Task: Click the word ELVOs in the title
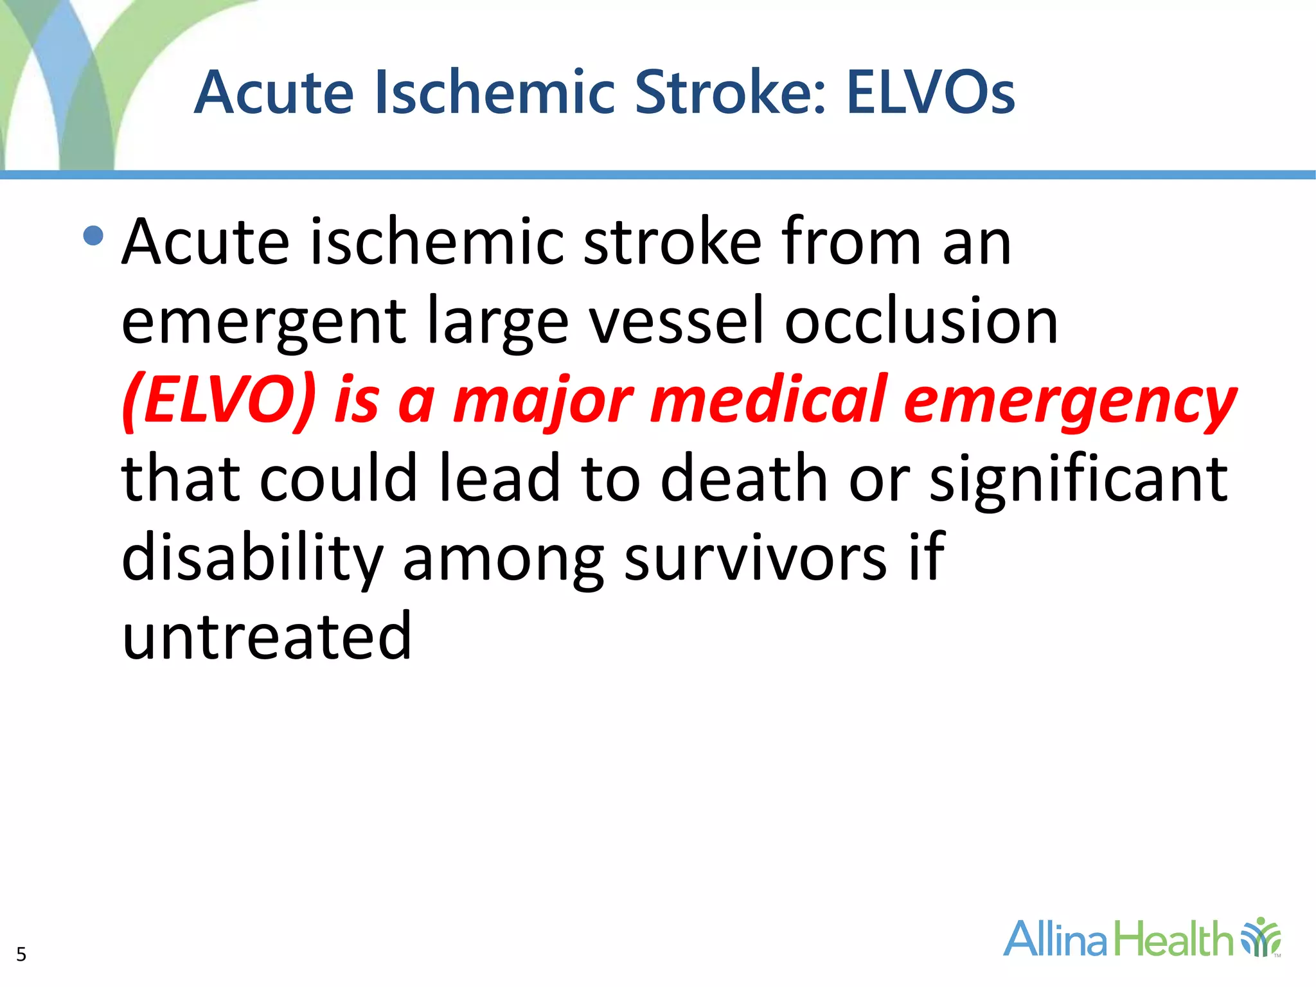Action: pos(930,93)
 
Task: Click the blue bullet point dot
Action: pos(93,236)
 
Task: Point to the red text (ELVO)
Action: pos(219,400)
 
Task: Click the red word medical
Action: pos(768,400)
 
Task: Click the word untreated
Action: pos(267,636)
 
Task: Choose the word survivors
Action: pos(755,558)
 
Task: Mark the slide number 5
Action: pos(21,954)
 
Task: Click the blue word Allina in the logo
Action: pos(1055,939)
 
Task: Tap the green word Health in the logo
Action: pos(1173,939)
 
